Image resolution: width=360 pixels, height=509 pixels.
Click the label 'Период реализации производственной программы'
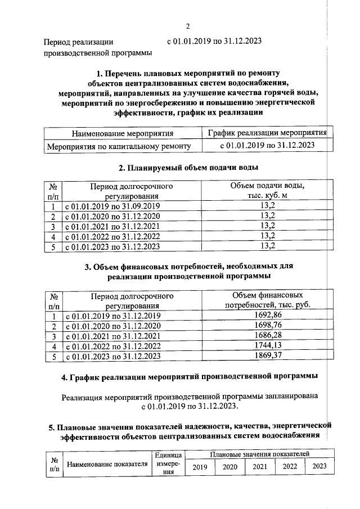click(x=98, y=47)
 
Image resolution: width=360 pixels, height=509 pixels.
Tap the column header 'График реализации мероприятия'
click(x=267, y=133)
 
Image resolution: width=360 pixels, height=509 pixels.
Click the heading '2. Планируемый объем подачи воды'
click(x=188, y=168)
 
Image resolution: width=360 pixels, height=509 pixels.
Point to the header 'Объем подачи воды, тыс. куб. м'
click(x=267, y=190)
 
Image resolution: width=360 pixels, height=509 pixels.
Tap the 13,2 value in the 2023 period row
click(x=267, y=246)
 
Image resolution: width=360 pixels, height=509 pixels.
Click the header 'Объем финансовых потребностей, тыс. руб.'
click(x=267, y=300)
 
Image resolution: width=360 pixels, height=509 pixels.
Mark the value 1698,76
click(x=267, y=326)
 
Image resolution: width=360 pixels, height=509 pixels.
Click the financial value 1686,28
click(x=267, y=336)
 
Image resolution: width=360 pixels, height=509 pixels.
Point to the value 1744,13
click(x=267, y=346)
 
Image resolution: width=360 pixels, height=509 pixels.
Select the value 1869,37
click(x=267, y=357)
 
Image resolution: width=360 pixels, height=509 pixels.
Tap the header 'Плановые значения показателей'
click(x=259, y=453)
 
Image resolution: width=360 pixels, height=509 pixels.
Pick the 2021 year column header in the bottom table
click(x=259, y=466)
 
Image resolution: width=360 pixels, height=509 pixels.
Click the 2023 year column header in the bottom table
click(x=319, y=466)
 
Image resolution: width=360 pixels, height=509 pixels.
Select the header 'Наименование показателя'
click(x=107, y=464)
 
